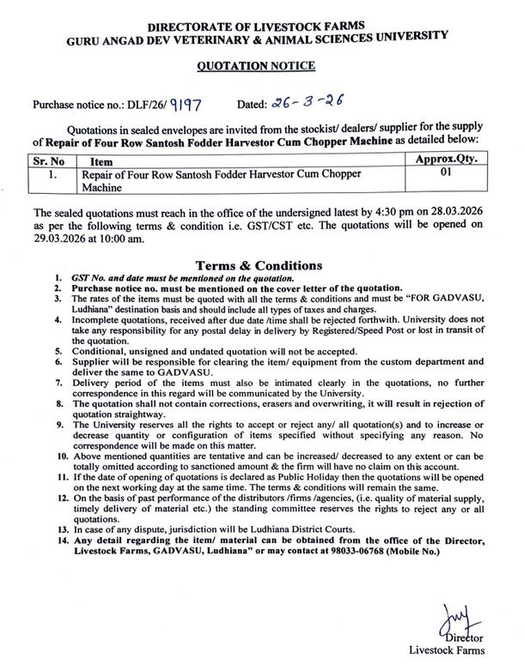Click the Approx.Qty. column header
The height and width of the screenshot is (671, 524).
[x=445, y=160]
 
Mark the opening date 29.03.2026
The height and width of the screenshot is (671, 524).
[x=64, y=238]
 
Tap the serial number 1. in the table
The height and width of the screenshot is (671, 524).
[x=52, y=173]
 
